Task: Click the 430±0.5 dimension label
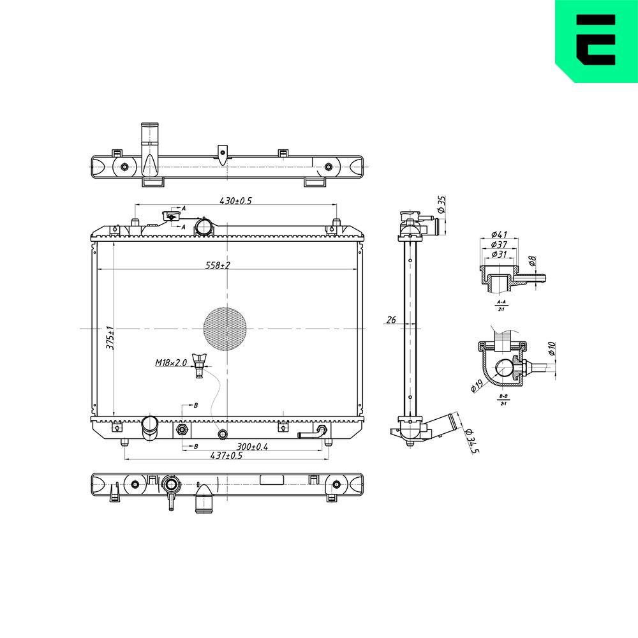[236, 200]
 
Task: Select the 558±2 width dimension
[217, 265]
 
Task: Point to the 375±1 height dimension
[109, 337]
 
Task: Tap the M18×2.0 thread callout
[170, 363]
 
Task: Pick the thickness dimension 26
[392, 319]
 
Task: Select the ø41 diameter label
[500, 234]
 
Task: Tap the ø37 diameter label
[500, 244]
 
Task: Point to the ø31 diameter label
[500, 255]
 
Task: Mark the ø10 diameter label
[552, 349]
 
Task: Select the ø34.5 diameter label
[472, 441]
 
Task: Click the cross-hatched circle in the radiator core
[225, 329]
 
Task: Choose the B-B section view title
[503, 397]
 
